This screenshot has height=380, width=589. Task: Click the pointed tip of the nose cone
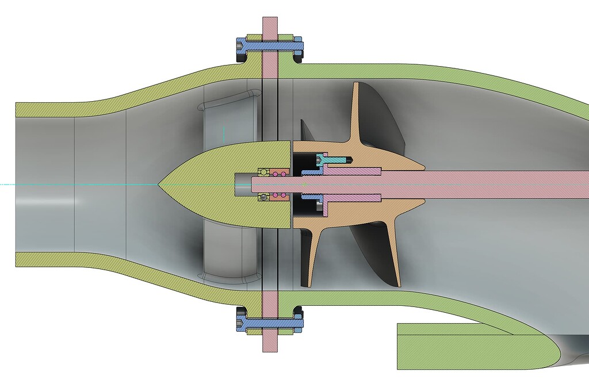(158, 184)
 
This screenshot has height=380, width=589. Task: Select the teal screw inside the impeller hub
(339, 159)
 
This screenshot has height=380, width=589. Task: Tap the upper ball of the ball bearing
(263, 172)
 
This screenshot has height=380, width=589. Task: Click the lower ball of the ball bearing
(263, 197)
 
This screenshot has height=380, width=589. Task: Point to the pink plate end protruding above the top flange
(270, 26)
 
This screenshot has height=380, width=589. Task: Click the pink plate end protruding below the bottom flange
(270, 343)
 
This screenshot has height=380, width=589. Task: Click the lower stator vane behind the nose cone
(227, 253)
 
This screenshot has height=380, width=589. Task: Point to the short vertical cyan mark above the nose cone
(223, 133)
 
